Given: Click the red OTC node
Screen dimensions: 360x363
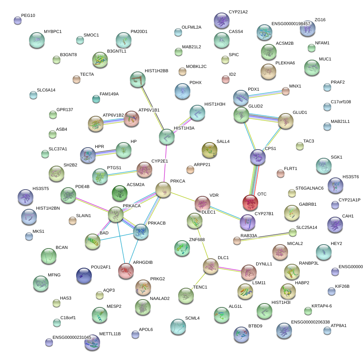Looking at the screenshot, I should click(x=250, y=203).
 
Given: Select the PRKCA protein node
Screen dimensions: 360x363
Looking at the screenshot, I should click(x=163, y=190).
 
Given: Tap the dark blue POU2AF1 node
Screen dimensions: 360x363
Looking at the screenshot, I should click(x=84, y=276).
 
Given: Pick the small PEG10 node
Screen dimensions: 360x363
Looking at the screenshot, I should click(x=17, y=20).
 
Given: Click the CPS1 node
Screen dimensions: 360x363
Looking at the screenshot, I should click(x=257, y=157).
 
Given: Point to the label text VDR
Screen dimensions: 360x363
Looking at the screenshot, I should click(x=214, y=195).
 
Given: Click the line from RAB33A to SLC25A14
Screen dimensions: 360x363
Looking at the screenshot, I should click(x=265, y=236).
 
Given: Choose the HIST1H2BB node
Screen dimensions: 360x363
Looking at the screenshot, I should click(x=137, y=79).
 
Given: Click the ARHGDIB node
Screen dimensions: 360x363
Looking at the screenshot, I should click(x=126, y=271).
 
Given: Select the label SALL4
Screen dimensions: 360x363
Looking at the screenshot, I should click(x=223, y=141).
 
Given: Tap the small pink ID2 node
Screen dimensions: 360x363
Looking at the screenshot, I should click(x=225, y=79).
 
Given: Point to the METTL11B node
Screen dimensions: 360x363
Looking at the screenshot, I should click(x=92, y=342).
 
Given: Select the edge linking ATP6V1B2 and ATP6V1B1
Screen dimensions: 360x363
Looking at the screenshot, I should click(x=113, y=121).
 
